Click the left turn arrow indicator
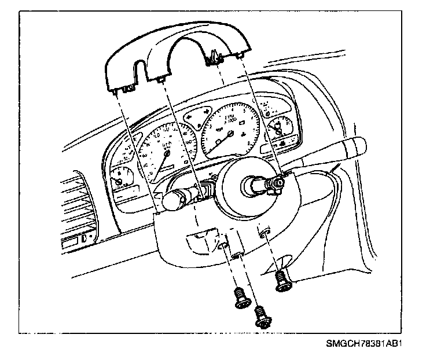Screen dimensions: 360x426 (x=189, y=117)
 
